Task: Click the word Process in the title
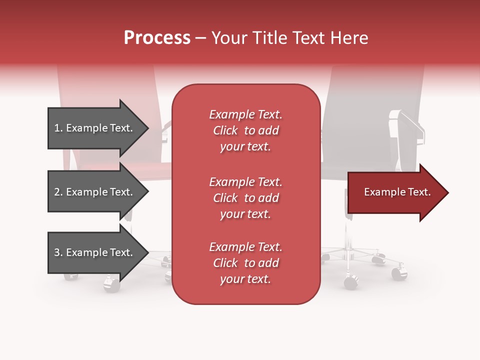click(157, 37)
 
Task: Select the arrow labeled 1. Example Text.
click(95, 128)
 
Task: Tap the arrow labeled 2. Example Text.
click(95, 192)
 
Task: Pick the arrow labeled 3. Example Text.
click(95, 252)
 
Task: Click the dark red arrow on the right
click(395, 192)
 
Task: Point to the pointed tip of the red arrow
click(446, 192)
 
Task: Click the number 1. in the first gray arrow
click(58, 128)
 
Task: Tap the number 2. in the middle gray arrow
click(58, 192)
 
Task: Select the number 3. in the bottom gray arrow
click(58, 252)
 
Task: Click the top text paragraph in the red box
click(245, 130)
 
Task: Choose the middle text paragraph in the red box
click(245, 198)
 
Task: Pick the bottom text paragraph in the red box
click(245, 263)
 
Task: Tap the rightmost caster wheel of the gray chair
click(399, 273)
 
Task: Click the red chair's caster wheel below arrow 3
click(111, 284)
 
